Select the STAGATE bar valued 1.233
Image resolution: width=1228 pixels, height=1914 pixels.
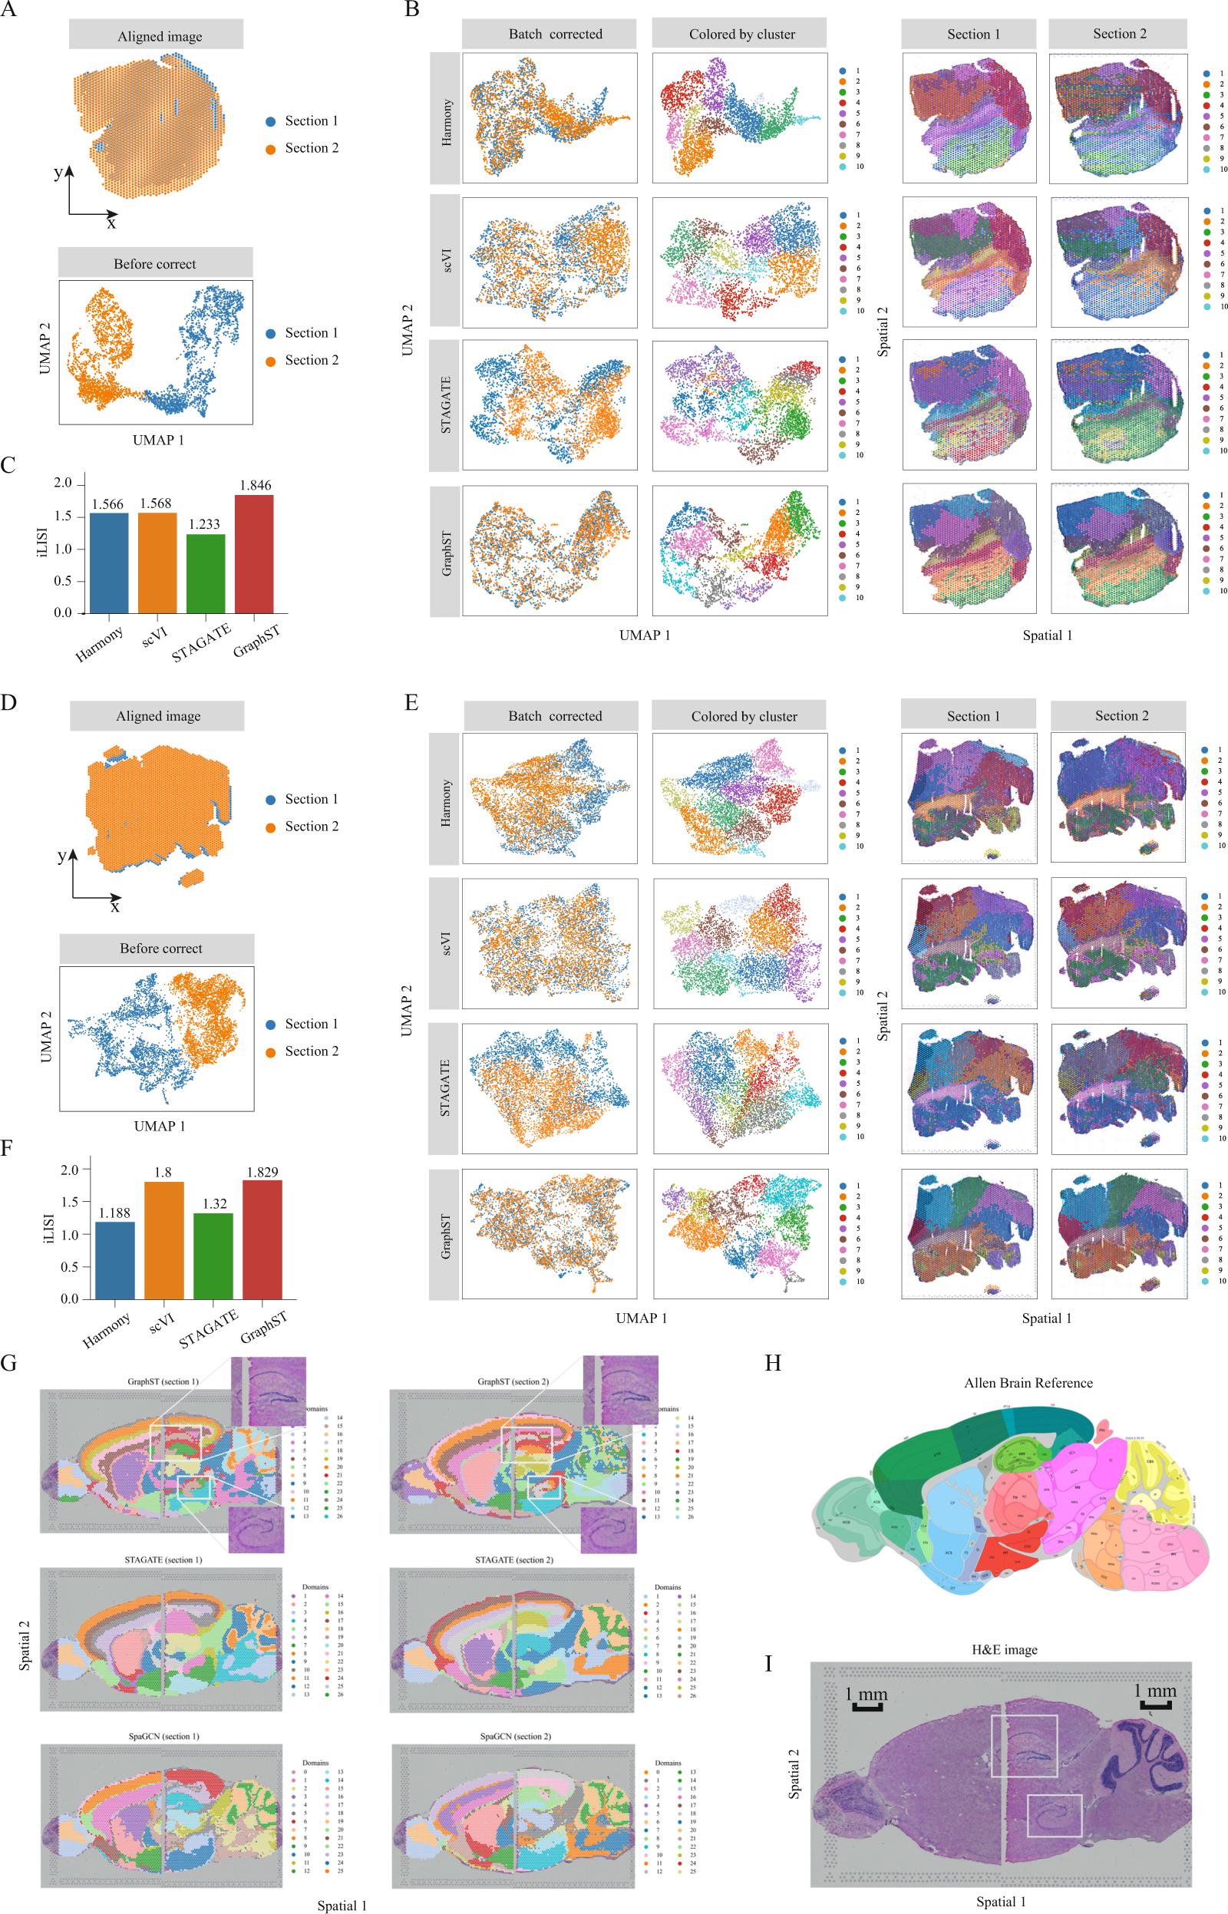coord(206,573)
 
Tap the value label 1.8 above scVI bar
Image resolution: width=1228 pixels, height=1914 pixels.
coord(163,1172)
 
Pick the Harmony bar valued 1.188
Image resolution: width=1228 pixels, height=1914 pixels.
coord(115,1259)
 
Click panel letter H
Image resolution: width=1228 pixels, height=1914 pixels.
coord(772,1362)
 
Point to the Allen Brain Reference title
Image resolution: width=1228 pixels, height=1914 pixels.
coord(1028,1382)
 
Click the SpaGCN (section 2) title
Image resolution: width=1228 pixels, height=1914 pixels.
coord(514,1735)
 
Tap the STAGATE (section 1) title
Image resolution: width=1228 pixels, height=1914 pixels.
coord(163,1559)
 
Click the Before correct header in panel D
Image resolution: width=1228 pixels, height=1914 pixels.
coord(160,948)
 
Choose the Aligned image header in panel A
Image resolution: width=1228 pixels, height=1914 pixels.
coord(160,36)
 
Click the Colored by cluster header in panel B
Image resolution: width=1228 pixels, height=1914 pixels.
coord(741,35)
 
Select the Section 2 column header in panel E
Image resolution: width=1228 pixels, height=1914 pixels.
coord(1121,715)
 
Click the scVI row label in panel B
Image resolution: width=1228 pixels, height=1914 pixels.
coord(446,261)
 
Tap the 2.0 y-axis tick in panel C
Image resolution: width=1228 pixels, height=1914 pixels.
coord(63,483)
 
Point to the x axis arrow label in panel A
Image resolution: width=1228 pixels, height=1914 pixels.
coord(111,224)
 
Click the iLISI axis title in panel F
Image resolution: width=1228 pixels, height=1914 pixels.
coord(47,1228)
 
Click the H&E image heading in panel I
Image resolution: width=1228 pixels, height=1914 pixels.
coord(1004,1648)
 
